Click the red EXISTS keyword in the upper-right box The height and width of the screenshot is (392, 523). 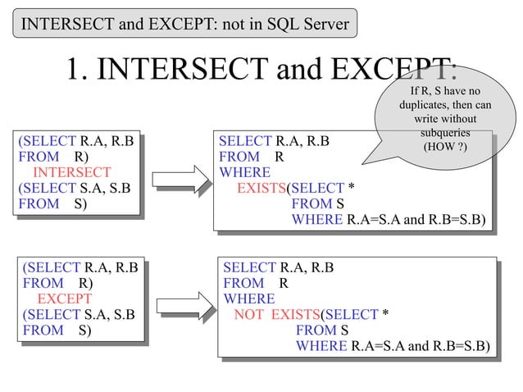click(x=261, y=188)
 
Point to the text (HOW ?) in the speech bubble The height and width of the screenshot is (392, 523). click(x=445, y=145)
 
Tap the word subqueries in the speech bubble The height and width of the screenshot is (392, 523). click(x=445, y=132)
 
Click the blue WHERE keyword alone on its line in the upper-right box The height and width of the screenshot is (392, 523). click(x=244, y=172)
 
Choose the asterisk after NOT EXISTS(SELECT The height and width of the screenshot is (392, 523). click(x=385, y=314)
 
